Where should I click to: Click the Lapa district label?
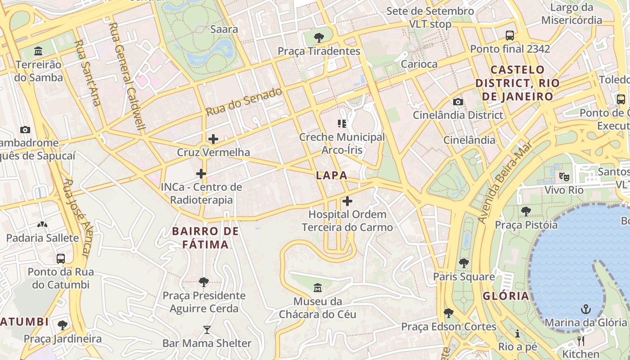click(332, 175)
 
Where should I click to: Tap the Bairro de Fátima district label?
click(206, 238)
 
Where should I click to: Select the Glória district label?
click(506, 296)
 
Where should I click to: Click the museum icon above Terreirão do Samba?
click(38, 51)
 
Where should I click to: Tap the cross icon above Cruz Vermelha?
click(213, 139)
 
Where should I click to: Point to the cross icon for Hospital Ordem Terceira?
click(347, 201)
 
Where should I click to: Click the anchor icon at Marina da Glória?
click(585, 309)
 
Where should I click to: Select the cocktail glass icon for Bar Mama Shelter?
click(207, 330)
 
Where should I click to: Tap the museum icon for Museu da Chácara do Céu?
click(317, 288)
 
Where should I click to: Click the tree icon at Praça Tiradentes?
click(319, 37)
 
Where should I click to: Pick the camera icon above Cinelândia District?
click(458, 102)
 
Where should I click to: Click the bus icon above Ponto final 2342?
click(510, 35)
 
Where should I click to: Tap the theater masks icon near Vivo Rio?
click(563, 176)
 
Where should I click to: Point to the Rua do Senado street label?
click(244, 101)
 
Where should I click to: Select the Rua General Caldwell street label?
click(127, 76)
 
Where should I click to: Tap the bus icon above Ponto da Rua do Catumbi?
click(60, 259)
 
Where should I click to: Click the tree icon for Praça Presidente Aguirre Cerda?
click(203, 282)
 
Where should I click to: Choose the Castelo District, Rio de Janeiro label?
click(517, 83)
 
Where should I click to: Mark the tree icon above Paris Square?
click(463, 263)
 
